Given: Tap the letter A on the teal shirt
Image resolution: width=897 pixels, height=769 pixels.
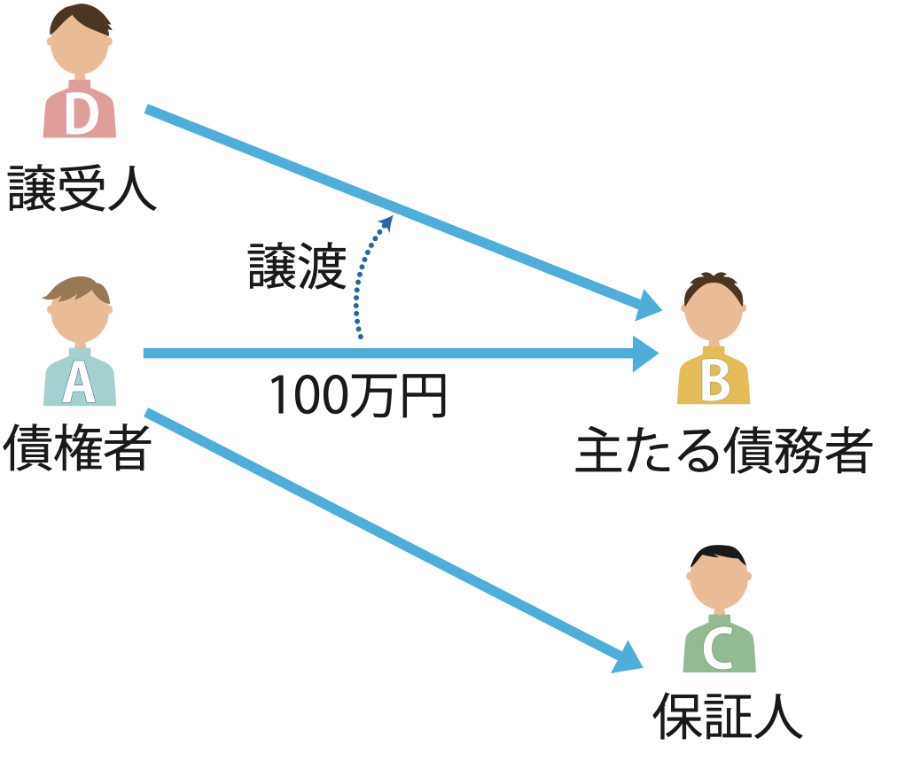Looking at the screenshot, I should point(78,383).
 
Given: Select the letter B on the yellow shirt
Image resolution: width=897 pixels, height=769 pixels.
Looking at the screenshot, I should point(714,382).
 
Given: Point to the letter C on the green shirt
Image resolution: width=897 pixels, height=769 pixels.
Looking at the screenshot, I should point(718,649).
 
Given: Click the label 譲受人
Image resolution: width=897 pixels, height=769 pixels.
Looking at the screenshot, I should point(82,189).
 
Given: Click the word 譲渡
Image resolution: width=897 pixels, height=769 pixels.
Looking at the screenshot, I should point(296,267).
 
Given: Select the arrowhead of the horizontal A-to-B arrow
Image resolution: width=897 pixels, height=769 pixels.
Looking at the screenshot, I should point(645,353).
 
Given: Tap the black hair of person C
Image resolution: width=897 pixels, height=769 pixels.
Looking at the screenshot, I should point(719,555).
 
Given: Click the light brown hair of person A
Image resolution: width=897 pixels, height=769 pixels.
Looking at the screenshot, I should point(78,290).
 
